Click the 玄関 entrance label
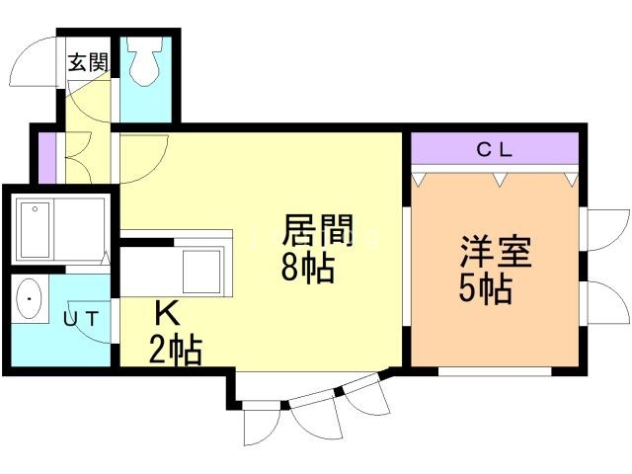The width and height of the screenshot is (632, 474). [88, 62]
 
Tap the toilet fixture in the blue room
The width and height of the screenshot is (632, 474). [144, 61]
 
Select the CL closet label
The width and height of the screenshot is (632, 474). [495, 150]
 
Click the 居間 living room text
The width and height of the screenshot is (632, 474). [318, 230]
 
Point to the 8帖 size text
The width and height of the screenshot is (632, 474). [308, 268]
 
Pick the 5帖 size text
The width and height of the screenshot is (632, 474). [486, 288]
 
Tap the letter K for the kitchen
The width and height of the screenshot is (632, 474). [168, 314]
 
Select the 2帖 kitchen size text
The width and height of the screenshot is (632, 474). [176, 350]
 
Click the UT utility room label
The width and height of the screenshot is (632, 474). [81, 319]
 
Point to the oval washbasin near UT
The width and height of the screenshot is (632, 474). [29, 298]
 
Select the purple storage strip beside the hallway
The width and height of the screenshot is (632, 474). [46, 158]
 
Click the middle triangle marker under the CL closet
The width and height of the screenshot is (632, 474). [500, 179]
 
